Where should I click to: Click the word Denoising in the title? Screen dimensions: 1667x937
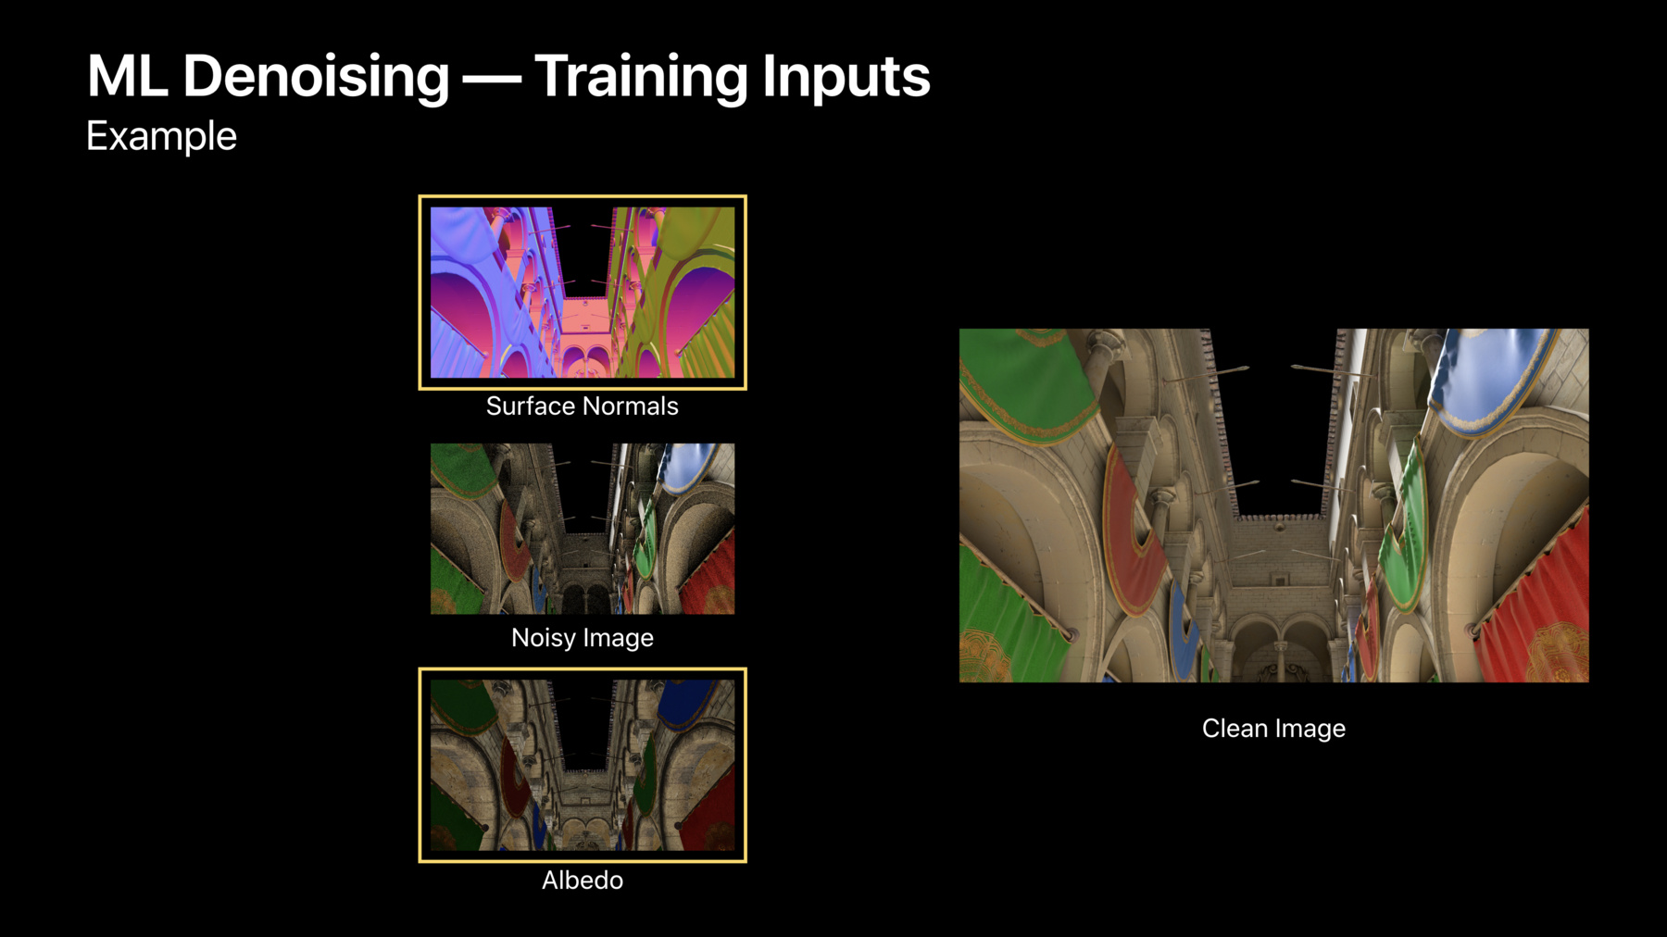tap(316, 77)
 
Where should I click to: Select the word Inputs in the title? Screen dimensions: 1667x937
tap(846, 77)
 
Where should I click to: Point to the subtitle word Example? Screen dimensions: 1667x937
tap(161, 136)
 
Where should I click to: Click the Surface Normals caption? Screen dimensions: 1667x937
tap(583, 406)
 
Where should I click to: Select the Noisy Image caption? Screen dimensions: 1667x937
tap(583, 638)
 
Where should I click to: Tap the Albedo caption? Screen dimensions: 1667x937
tap(583, 880)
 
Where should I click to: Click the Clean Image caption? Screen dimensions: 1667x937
tap(1273, 729)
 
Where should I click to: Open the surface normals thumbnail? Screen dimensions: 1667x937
tap(583, 293)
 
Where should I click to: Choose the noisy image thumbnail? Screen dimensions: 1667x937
tap(583, 529)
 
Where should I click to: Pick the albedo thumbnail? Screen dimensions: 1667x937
tap(583, 765)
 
